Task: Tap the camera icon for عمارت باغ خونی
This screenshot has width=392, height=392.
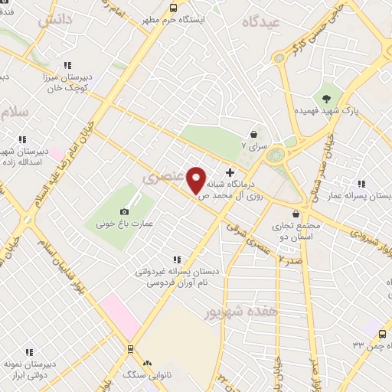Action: [x=125, y=211]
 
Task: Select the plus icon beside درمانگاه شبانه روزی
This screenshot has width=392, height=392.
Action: [x=230, y=172]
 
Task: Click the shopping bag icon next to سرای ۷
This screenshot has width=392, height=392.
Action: [x=253, y=134]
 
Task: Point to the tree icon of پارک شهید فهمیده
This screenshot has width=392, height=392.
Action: [x=327, y=98]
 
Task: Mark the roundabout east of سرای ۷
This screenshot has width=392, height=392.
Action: [x=275, y=155]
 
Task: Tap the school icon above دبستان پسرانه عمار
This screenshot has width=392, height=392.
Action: [x=361, y=184]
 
